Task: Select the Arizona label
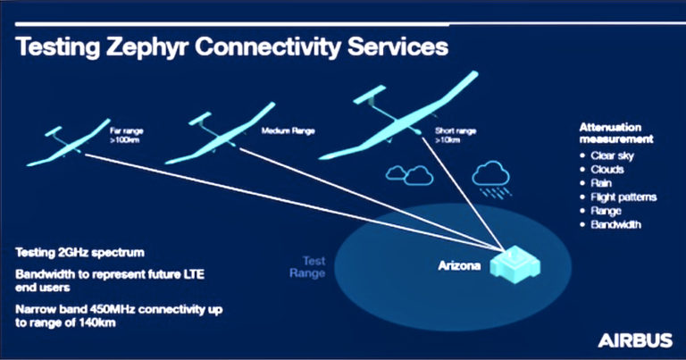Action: [460, 265]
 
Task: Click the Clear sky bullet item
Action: [612, 156]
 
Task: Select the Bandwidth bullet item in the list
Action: [615, 225]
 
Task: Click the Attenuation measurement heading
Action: [616, 134]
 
